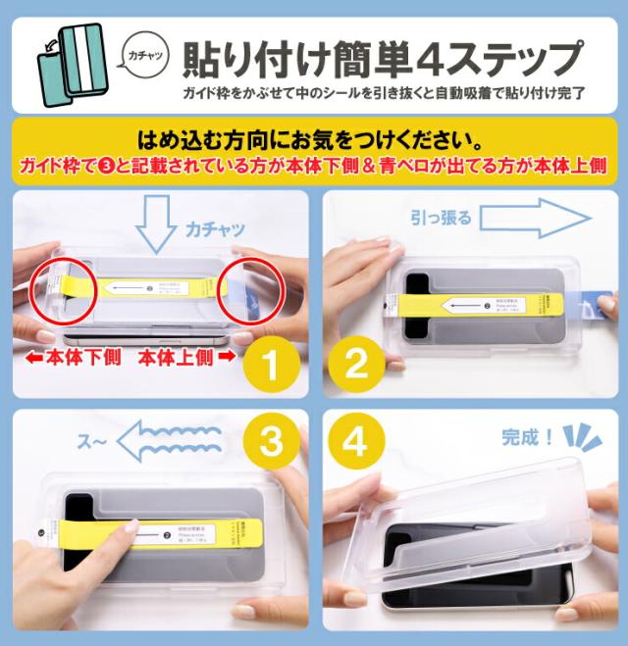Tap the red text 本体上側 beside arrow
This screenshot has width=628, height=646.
tap(181, 358)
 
